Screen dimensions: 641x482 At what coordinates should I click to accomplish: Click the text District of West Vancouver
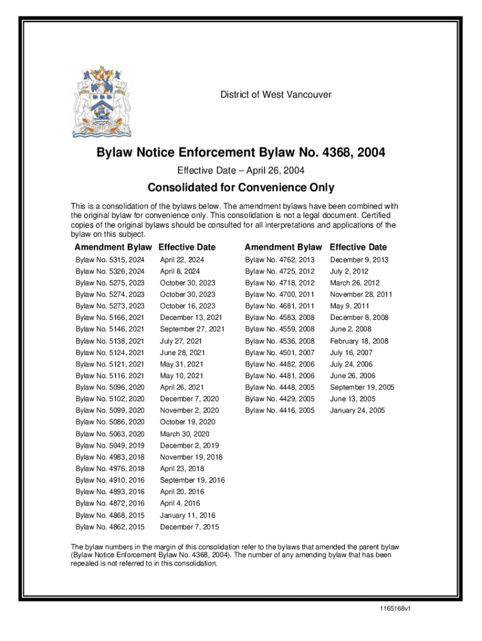click(275, 95)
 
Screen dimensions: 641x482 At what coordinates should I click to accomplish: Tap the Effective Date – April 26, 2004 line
click(240, 170)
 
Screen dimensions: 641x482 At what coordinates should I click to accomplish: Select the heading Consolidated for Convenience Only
click(240, 188)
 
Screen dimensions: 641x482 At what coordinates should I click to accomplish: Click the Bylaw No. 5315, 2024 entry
click(110, 260)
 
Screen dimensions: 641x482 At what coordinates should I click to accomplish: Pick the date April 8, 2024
click(180, 272)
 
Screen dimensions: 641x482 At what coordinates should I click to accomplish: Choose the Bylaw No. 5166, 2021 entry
click(110, 317)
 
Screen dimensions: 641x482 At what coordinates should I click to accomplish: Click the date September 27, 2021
click(192, 329)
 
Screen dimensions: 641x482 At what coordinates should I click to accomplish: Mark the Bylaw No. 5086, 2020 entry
click(110, 422)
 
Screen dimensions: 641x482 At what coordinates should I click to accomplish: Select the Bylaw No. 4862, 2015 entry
click(110, 527)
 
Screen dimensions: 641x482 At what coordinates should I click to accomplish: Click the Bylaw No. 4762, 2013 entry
click(280, 260)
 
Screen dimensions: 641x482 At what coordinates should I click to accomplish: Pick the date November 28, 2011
click(361, 294)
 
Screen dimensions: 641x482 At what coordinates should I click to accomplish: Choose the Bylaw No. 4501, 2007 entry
click(280, 352)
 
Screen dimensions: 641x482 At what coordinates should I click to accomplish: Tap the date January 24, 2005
click(357, 411)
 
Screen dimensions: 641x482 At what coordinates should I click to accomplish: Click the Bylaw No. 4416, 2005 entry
click(280, 411)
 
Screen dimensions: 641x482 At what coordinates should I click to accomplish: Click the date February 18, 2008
click(359, 341)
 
